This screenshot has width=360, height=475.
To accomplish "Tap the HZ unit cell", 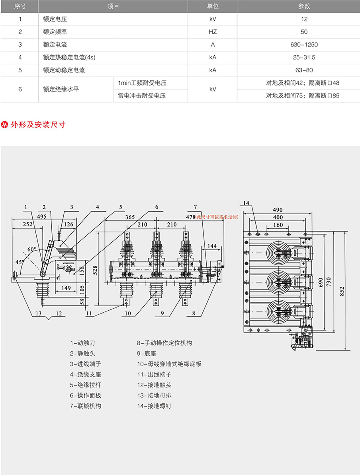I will point(213,32).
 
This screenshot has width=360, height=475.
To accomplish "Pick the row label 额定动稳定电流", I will point(64,70).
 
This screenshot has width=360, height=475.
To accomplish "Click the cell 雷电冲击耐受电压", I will point(142,95).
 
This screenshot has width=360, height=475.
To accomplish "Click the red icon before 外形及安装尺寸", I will point(5,125).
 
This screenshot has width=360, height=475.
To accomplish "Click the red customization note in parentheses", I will point(217,217).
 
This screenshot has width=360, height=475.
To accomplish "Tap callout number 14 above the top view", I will point(246,203).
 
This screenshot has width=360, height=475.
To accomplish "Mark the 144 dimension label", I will point(212,246).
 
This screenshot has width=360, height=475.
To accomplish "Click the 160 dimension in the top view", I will point(278,225).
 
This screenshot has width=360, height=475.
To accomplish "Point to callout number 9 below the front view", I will point(162,313).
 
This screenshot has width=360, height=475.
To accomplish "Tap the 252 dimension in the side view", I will point(27,224).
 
